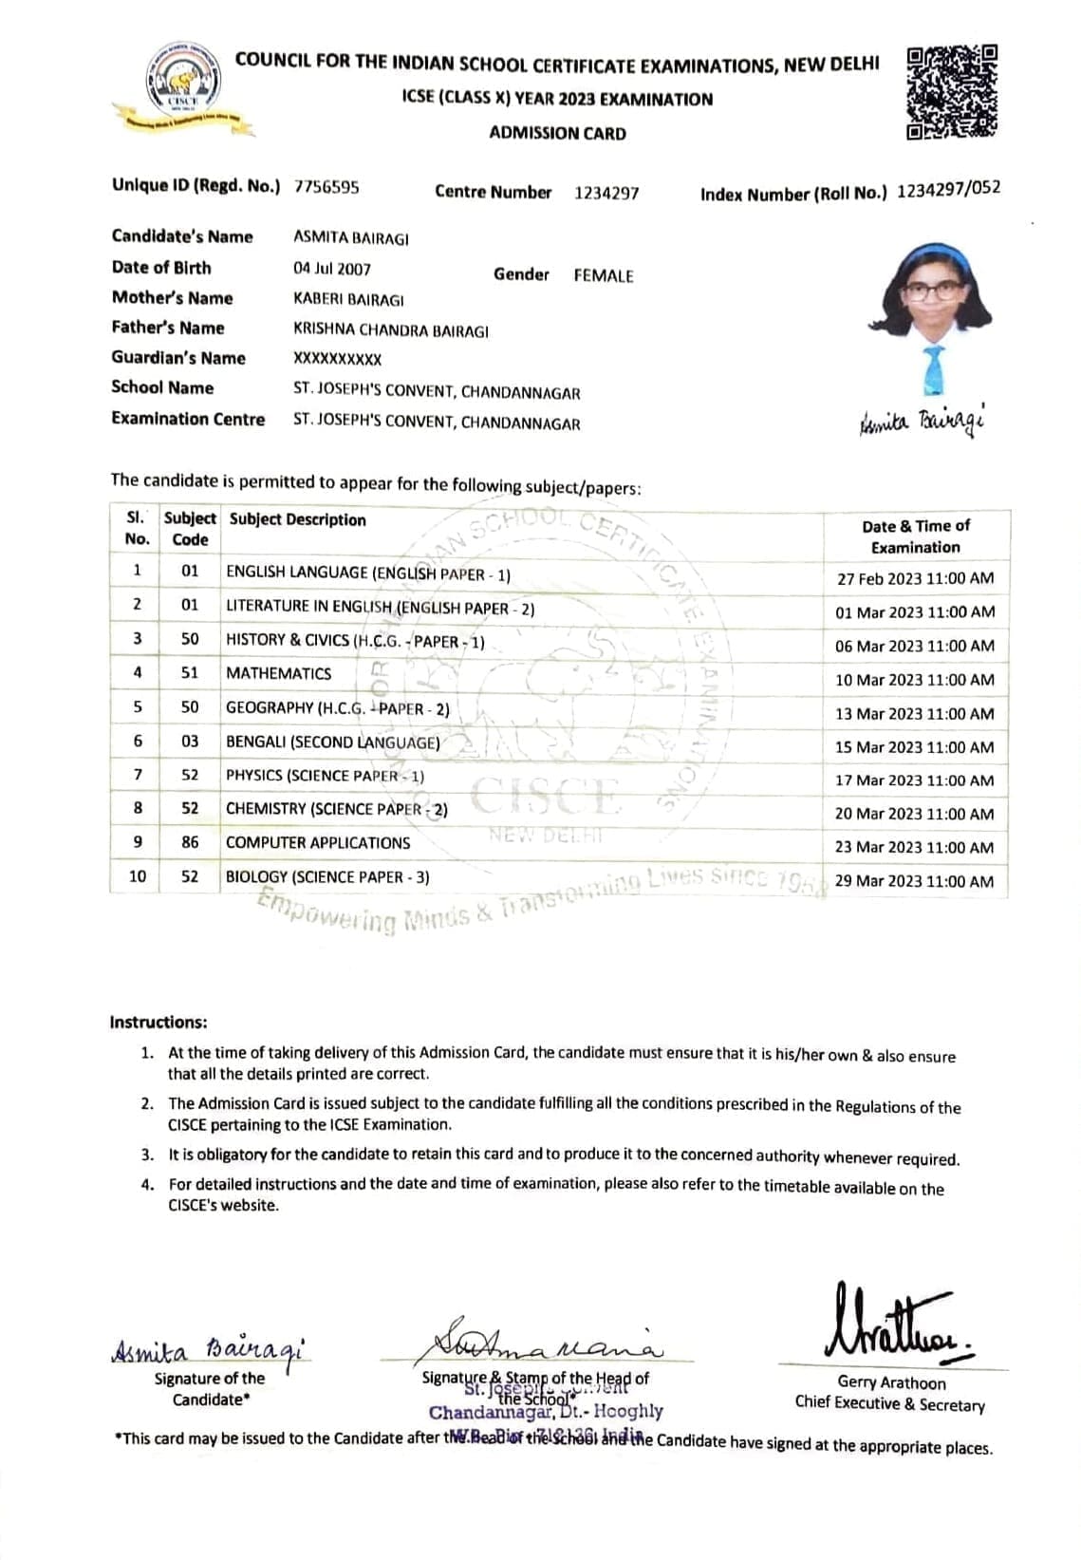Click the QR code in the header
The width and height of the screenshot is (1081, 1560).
952,93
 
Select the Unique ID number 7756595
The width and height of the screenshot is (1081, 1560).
326,187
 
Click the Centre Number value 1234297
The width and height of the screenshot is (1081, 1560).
606,193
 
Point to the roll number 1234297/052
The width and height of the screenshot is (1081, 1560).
948,189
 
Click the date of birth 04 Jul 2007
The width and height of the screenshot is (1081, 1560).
332,270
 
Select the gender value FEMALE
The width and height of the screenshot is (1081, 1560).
603,276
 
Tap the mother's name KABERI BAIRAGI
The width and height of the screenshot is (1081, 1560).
348,300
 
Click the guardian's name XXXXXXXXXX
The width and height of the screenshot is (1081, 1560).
337,360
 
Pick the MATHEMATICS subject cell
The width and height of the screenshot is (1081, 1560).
278,673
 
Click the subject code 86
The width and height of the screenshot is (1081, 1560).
190,842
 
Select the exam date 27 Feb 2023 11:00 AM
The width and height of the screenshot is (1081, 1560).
915,578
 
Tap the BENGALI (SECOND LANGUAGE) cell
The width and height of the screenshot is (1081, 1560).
332,742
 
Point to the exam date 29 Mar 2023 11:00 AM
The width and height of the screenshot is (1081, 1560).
915,881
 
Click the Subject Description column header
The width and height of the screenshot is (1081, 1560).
297,520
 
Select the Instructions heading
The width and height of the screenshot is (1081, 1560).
158,1023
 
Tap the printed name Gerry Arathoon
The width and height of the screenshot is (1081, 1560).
891,1382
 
